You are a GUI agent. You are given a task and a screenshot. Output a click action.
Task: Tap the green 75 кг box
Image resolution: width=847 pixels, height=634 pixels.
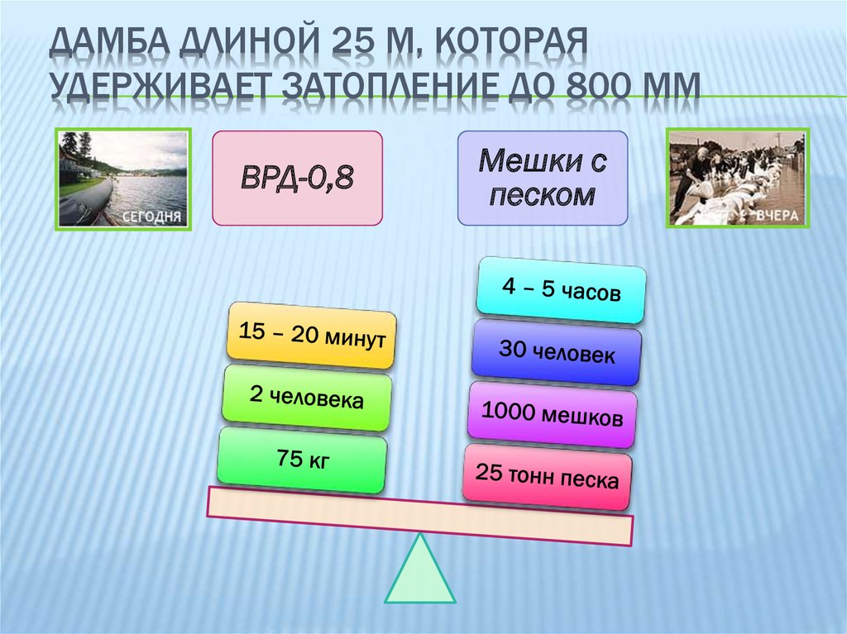pos(303,460)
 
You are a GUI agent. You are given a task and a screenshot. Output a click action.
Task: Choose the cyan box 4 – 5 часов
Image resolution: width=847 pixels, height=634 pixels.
pos(561,290)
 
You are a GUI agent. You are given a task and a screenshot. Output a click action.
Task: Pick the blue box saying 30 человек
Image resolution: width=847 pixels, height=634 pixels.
pos(557,352)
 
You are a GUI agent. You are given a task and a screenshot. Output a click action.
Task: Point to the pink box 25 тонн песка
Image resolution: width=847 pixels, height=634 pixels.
pos(547,476)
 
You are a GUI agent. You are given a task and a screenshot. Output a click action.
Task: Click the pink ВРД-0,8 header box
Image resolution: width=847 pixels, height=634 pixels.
pos(298,179)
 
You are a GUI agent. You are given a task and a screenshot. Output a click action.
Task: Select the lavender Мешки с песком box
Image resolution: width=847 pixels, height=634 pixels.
pos(543,179)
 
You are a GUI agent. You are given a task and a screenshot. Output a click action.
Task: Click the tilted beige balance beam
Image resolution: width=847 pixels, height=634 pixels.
pos(420,517)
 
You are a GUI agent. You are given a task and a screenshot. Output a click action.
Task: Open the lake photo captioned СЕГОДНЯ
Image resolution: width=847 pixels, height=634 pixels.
pos(124,178)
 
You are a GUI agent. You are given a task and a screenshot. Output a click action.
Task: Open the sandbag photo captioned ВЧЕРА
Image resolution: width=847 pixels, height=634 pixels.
pos(736,178)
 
